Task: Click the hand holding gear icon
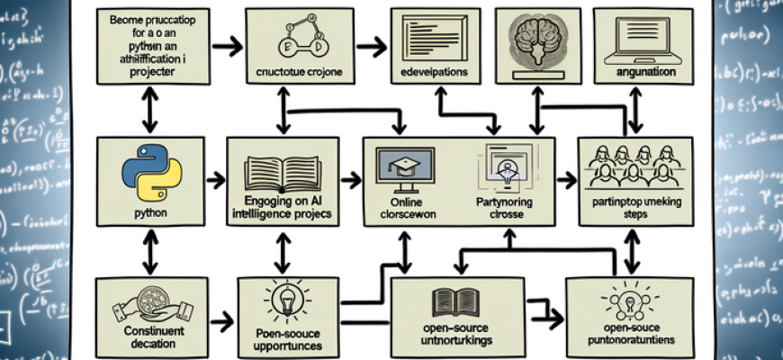[146, 307]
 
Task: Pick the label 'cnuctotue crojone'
[296, 72]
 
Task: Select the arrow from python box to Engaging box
[215, 181]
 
